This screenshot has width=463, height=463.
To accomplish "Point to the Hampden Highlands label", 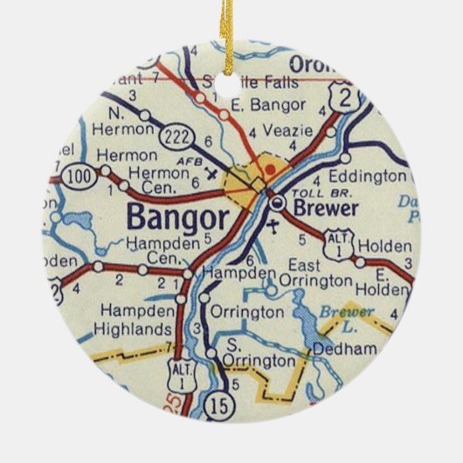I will coord(135,320).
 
